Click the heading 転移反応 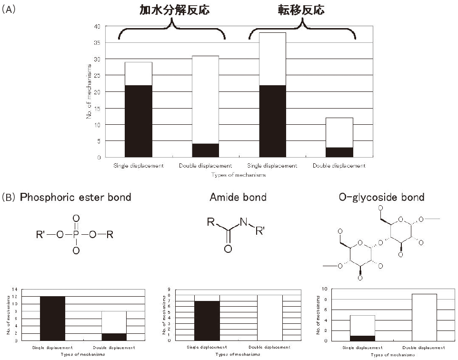pos(302,10)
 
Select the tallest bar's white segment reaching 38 pos(273,59)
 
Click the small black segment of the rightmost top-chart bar pos(339,152)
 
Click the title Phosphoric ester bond pos(75,197)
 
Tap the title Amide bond pos(238,197)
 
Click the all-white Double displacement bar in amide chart pos(269,318)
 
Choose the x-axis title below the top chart pos(238,175)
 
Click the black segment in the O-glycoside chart pos(363,338)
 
